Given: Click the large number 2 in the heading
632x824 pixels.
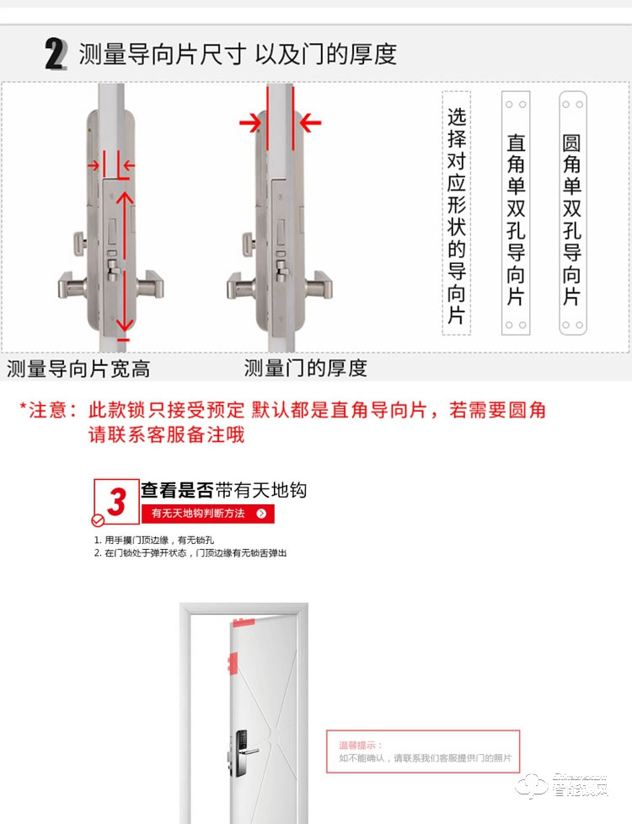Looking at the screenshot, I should pyautogui.click(x=56, y=54).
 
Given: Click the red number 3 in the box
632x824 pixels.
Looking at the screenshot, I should pyautogui.click(x=117, y=500).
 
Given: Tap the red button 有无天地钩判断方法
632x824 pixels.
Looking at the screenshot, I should pyautogui.click(x=207, y=513).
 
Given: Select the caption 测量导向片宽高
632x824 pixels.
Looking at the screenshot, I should pyautogui.click(x=78, y=369).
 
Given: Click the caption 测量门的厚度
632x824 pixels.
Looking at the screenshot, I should pyautogui.click(x=306, y=368).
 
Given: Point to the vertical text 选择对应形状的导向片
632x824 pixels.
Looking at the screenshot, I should pyautogui.click(x=456, y=215).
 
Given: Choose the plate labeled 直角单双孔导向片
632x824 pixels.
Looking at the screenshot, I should pyautogui.click(x=516, y=214).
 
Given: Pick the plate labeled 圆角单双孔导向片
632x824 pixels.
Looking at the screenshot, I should pyautogui.click(x=572, y=214).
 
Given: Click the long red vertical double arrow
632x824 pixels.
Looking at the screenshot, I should pyautogui.click(x=123, y=261).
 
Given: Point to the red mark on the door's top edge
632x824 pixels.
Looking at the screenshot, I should pyautogui.click(x=243, y=623).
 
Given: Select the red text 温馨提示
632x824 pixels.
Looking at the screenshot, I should pyautogui.click(x=361, y=745).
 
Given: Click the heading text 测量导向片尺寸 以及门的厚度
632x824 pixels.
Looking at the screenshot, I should pyautogui.click(x=237, y=55).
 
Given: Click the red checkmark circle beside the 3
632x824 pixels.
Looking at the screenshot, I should pyautogui.click(x=98, y=520).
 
